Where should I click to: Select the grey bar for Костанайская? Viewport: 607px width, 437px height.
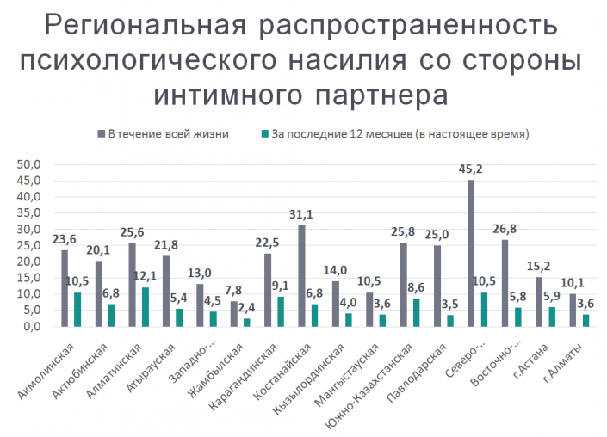tap(302, 275)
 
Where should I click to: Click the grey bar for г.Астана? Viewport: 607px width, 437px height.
tap(539, 301)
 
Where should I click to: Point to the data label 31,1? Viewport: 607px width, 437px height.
tap(298, 215)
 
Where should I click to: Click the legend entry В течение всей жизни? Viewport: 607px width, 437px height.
tap(164, 134)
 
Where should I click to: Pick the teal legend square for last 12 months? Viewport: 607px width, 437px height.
tap(263, 134)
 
